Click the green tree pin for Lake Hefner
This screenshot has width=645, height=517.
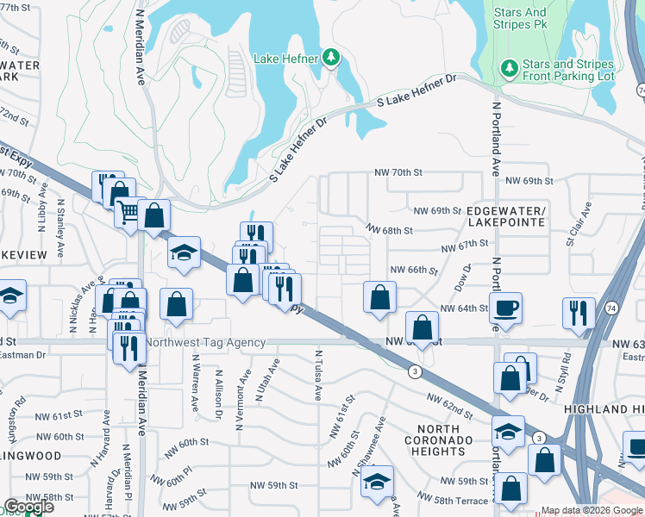point(330,59)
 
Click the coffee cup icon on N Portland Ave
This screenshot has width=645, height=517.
point(505,308)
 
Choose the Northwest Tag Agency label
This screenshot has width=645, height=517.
point(205,342)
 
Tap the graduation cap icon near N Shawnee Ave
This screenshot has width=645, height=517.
point(377,482)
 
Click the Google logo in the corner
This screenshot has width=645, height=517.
point(28,507)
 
